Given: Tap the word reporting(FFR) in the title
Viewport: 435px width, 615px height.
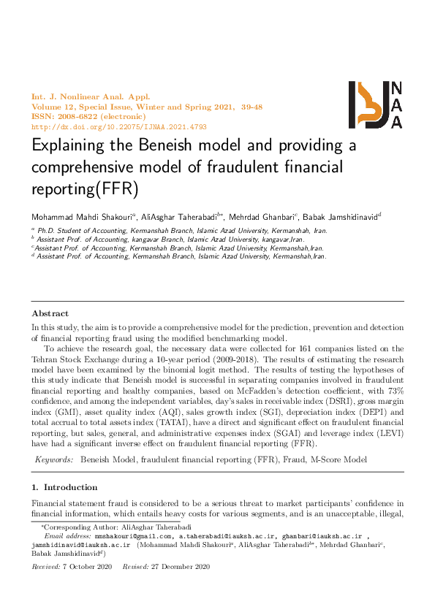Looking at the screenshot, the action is click(x=84, y=188).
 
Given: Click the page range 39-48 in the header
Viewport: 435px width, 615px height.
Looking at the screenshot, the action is click(x=243, y=106).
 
